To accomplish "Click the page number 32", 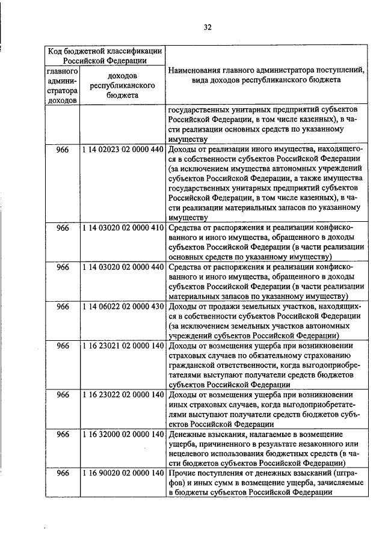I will click(x=208, y=27).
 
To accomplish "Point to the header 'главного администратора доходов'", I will click(x=63, y=85).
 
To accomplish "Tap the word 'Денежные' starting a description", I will click(x=188, y=434).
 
